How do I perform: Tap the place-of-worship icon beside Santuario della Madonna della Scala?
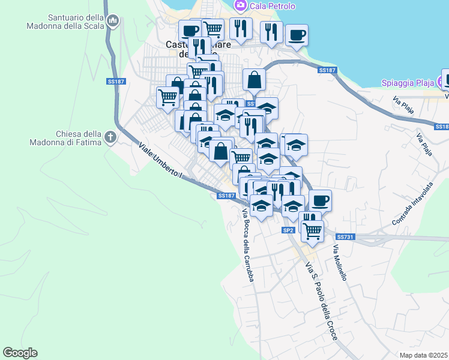(x=112, y=22)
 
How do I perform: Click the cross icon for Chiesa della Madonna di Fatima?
(x=110, y=137)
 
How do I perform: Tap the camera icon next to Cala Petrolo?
(x=240, y=5)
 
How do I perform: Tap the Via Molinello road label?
(x=340, y=262)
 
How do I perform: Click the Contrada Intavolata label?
(x=411, y=205)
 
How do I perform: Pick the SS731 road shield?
(x=346, y=237)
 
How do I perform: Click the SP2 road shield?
(x=288, y=230)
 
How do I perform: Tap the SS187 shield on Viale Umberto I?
(x=226, y=196)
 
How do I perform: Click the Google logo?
(x=20, y=353)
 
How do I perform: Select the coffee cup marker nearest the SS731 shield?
(x=320, y=200)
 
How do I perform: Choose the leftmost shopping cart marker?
(x=167, y=96)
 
